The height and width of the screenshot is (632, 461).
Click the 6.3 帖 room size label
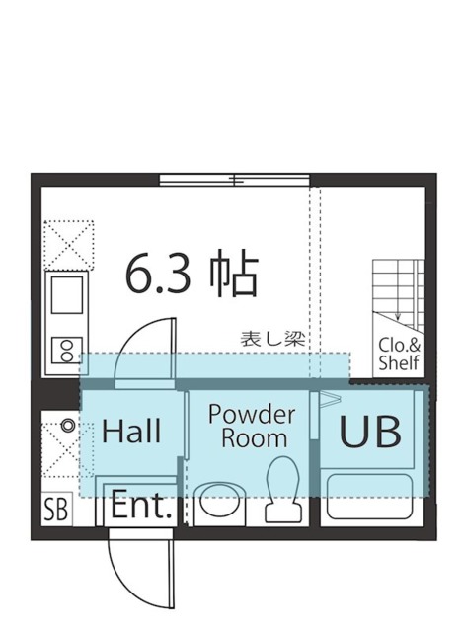coord(192,276)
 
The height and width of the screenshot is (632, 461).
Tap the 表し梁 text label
coord(273,338)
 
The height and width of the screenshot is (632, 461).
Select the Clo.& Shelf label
coord(400,355)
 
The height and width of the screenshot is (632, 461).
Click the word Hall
coord(131,432)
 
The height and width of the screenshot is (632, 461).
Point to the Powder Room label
coord(252,426)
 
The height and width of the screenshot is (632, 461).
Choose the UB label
coord(371,432)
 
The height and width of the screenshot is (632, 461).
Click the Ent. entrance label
coord(142,507)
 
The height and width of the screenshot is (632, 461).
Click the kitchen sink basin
coord(67,293)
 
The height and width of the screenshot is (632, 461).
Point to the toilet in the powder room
coord(281,491)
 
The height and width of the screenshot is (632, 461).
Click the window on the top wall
coord(235,180)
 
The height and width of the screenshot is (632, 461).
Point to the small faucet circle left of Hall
coord(66,426)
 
